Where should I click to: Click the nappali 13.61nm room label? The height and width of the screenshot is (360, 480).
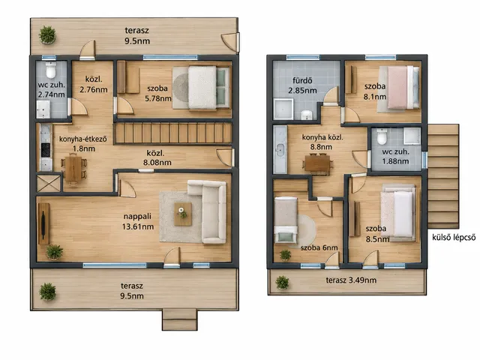pos(138,221)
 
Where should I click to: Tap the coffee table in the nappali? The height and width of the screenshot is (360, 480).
pos(183,214)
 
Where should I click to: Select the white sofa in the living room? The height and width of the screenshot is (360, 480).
pos(208,211)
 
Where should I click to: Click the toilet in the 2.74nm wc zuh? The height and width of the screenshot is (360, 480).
pos(51,70)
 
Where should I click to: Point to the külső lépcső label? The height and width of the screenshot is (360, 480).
pos(454,237)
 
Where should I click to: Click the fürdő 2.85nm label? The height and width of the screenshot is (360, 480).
pos(302,85)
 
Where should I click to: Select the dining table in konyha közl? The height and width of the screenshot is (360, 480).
pos(317,164)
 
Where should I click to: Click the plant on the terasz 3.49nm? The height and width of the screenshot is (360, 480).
pos(282,282)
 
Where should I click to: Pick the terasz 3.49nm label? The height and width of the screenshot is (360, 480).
pos(351,280)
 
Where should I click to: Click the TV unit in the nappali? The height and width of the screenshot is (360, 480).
pos(43,223)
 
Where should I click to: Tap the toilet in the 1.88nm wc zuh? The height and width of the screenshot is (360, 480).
pos(382,136)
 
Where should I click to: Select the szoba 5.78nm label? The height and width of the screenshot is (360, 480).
pos(158,93)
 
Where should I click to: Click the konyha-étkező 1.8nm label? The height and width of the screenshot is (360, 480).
pos(83,144)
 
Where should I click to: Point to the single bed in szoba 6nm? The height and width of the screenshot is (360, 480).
pos(286,220)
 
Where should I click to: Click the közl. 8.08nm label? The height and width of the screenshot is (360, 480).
pos(157,158)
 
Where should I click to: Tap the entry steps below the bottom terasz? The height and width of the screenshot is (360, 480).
pos(180,319)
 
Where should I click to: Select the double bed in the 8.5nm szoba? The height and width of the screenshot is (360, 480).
pos(398,213)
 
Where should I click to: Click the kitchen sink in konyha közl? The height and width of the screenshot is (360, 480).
pos(280,149)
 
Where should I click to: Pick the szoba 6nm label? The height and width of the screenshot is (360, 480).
pos(319,247)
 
